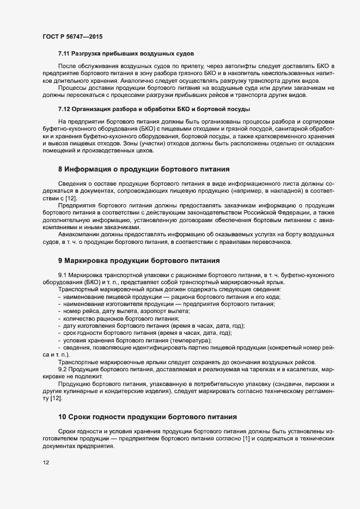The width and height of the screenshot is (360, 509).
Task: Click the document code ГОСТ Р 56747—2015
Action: pyautogui.click(x=72, y=36)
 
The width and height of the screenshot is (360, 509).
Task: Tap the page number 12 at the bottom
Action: pyautogui.click(x=46, y=463)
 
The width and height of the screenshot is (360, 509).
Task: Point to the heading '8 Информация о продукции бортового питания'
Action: pyautogui.click(x=143, y=169)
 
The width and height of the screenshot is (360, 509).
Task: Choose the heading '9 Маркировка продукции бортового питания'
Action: pyautogui.click(x=139, y=261)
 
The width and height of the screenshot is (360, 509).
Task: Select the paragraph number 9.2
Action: pyautogui.click(x=63, y=370)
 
